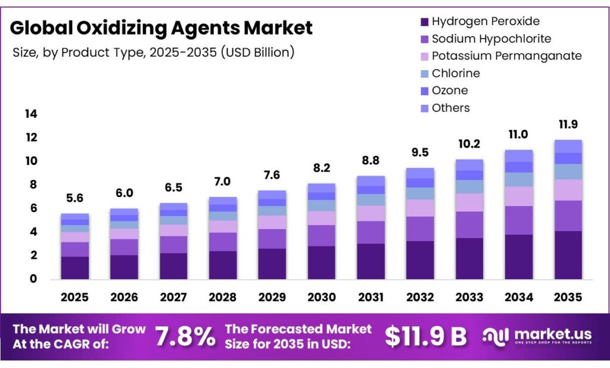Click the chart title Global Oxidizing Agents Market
tap(161, 27)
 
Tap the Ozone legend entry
tap(450, 91)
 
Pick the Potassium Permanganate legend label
tap(506, 56)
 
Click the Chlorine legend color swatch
tap(424, 73)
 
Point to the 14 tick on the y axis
tap(31, 114)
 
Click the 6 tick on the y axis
tap(33, 208)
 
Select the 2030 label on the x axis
tap(321, 297)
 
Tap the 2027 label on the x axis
tap(173, 297)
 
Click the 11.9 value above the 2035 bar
tap(567, 124)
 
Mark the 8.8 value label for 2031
tap(371, 161)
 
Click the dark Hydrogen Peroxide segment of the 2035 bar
tap(567, 255)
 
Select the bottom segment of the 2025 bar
tap(74, 267)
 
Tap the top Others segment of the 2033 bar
tap(469, 164)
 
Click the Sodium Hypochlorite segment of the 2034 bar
tap(518, 220)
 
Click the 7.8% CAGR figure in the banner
tap(185, 336)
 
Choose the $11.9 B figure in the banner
tap(425, 336)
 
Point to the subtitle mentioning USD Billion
tap(154, 52)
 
